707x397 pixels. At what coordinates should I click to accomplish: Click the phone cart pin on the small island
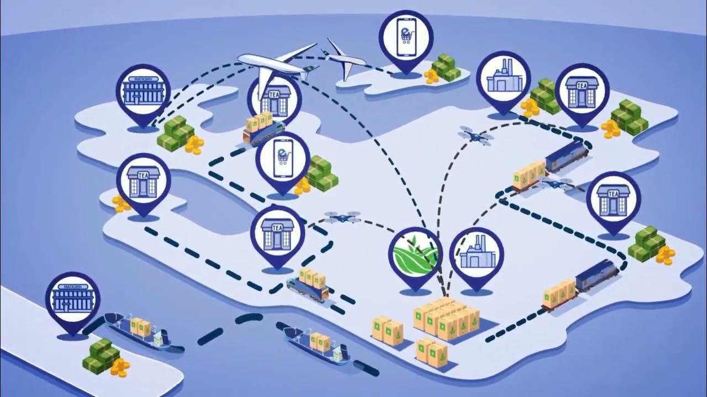[405, 36]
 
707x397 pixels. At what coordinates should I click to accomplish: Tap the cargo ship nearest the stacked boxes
[318, 345]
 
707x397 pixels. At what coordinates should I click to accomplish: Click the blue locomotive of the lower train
[598, 274]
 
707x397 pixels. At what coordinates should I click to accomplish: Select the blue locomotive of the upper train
[566, 155]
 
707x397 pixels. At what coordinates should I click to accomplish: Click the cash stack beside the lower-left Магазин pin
[101, 355]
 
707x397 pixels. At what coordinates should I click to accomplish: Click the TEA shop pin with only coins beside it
[143, 180]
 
